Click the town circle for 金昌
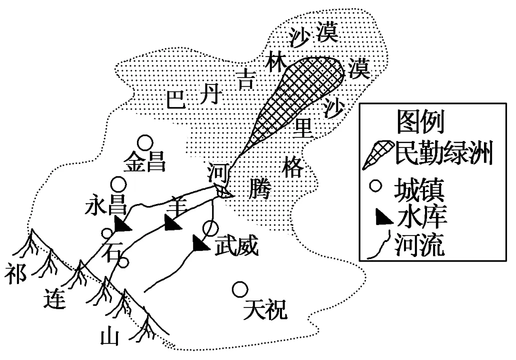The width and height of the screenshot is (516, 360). pyautogui.click(x=145, y=143)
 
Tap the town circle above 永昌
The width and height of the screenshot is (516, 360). pyautogui.click(x=119, y=184)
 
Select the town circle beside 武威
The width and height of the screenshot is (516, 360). pyautogui.click(x=210, y=228)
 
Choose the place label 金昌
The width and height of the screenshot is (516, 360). pyautogui.click(x=144, y=162)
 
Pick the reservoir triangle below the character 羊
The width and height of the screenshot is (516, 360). pyautogui.click(x=172, y=223)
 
